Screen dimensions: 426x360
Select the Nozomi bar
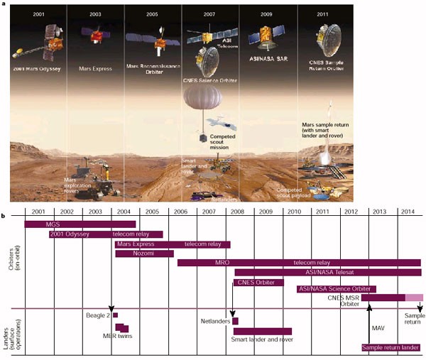coord(144,253)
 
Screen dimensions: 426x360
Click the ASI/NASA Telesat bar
coord(327,271)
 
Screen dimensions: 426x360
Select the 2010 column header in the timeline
coord(293,212)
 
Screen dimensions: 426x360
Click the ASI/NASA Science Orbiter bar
coord(336,289)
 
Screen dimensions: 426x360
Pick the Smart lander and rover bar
coord(262,331)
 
